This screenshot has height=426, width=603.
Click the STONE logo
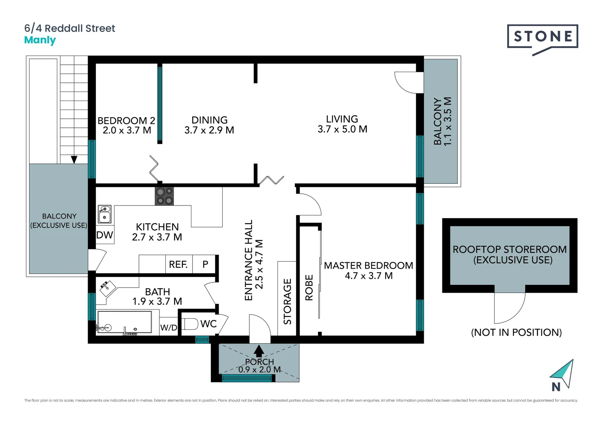pyautogui.click(x=543, y=37)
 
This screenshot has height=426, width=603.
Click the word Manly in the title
pyautogui.click(x=40, y=40)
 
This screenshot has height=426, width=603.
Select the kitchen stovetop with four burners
pyautogui.click(x=164, y=196)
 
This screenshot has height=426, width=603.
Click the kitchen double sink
pyautogui.click(x=105, y=214)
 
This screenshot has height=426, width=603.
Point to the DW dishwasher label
pyautogui.click(x=105, y=235)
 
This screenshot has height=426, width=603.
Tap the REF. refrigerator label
pyautogui.click(x=178, y=264)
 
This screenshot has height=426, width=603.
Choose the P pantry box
pyautogui.click(x=205, y=264)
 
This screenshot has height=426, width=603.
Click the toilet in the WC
pyautogui.click(x=190, y=324)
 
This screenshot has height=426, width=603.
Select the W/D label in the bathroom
pyautogui.click(x=169, y=328)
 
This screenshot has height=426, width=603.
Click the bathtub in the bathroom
pyautogui.click(x=124, y=322)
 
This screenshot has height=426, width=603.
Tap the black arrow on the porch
pyautogui.click(x=259, y=350)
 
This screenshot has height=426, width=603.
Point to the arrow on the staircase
pyautogui.click(x=74, y=159)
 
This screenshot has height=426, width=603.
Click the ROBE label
pyautogui.click(x=309, y=288)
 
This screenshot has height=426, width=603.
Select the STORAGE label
pyautogui.click(x=287, y=301)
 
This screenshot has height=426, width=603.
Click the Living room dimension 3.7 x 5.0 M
pyautogui.click(x=342, y=129)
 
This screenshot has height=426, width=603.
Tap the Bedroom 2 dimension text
pyautogui.click(x=127, y=131)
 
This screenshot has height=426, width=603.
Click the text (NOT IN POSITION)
pyautogui.click(x=516, y=333)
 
